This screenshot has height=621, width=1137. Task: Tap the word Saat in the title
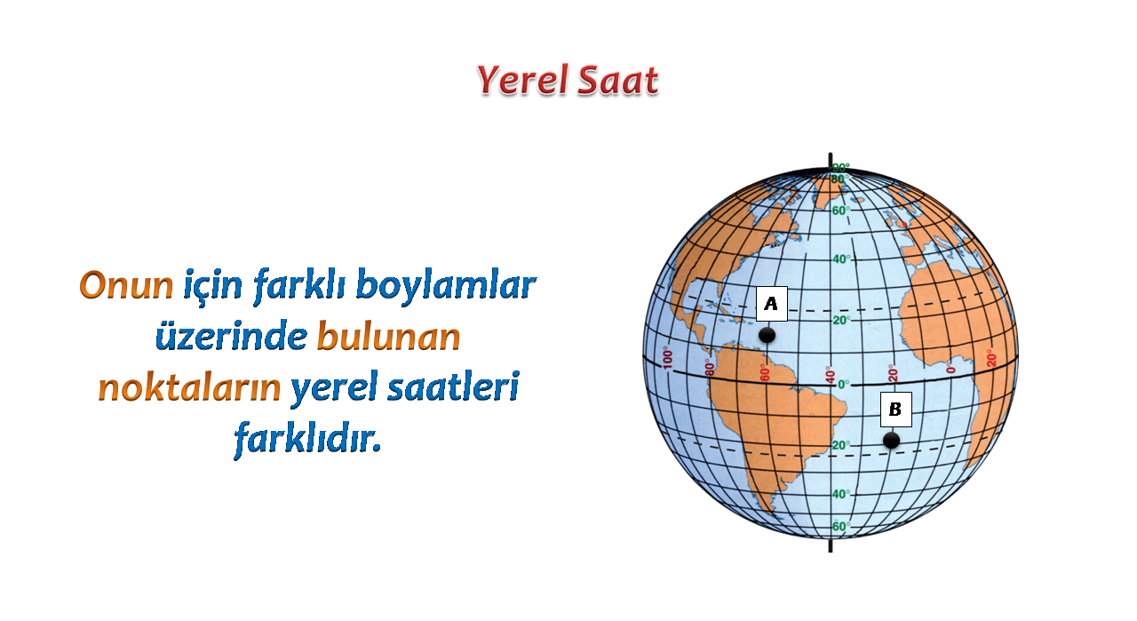(x=618, y=81)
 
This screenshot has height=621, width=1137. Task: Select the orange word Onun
(x=126, y=285)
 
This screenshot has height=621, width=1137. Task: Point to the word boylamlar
(x=446, y=284)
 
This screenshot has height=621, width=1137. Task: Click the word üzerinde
(x=232, y=337)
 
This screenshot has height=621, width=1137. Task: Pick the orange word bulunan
(x=389, y=335)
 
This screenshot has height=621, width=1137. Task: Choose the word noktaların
(x=189, y=388)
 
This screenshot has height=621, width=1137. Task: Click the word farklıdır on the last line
(x=307, y=438)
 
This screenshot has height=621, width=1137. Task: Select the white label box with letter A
(x=772, y=304)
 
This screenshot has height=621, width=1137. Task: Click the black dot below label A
(x=767, y=335)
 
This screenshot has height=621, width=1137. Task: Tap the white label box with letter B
(x=896, y=410)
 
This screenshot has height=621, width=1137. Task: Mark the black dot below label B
(x=891, y=441)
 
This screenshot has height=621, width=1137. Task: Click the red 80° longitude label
(x=710, y=366)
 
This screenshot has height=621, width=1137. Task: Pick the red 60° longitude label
(x=765, y=373)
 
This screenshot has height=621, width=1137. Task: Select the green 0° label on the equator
(x=843, y=385)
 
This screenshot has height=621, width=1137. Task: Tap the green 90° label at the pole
(x=841, y=168)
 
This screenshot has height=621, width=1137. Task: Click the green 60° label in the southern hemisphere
(x=841, y=527)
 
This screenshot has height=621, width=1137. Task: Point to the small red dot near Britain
(x=904, y=225)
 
